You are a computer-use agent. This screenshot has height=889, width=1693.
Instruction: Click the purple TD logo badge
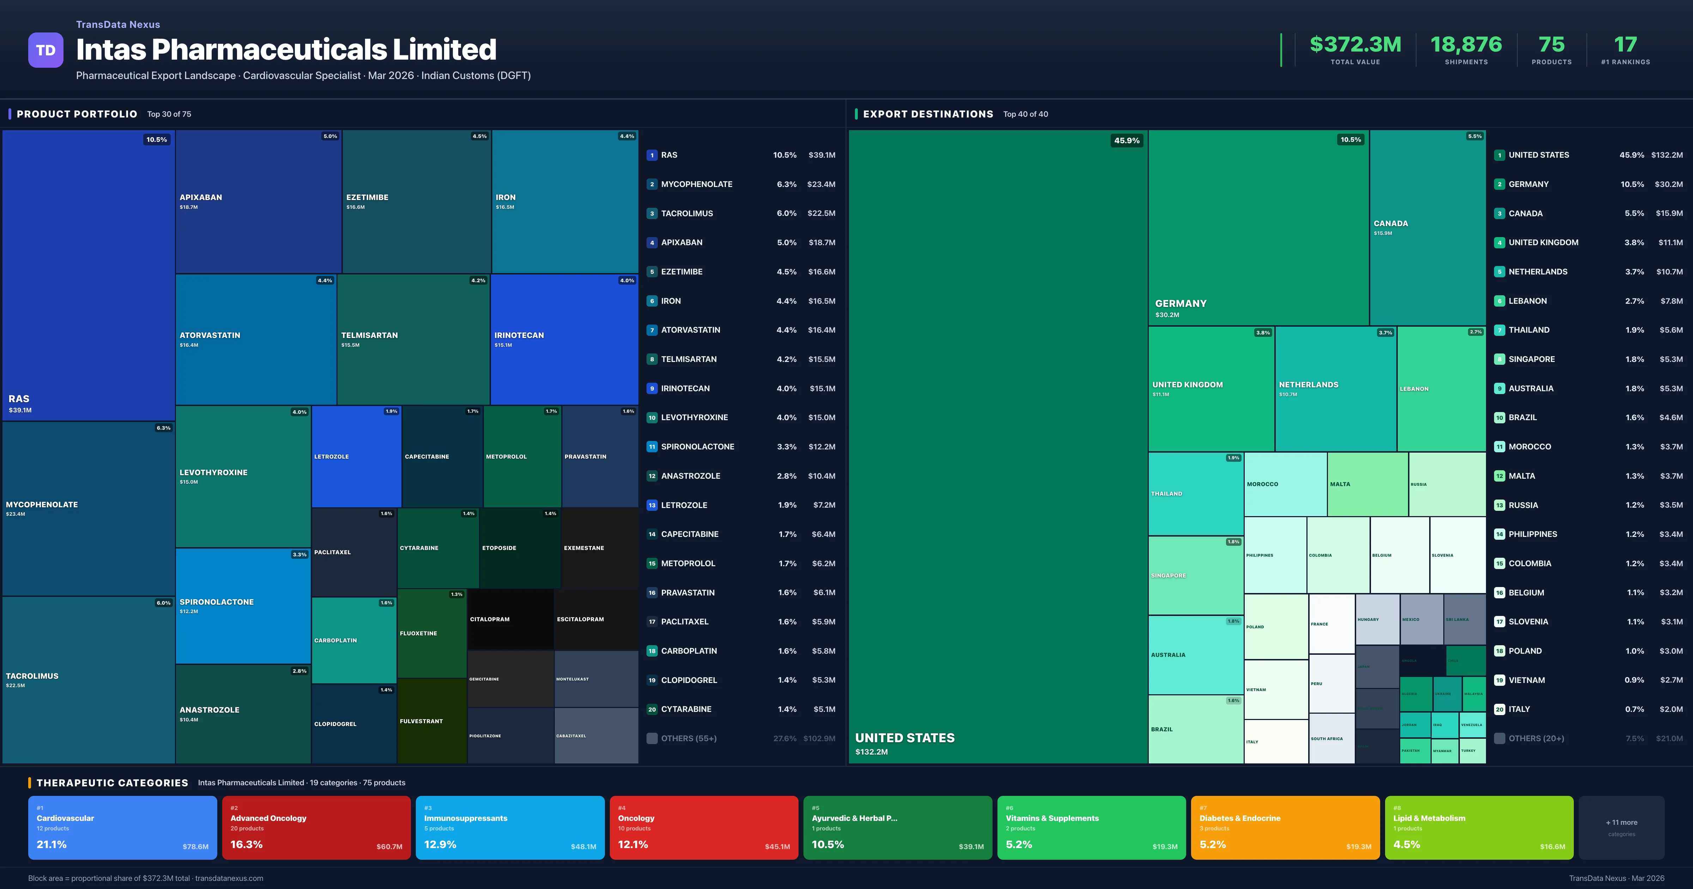tap(45, 50)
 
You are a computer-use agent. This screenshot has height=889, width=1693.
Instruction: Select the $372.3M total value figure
tap(1355, 45)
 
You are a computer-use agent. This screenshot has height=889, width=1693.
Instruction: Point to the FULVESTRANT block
tap(432, 721)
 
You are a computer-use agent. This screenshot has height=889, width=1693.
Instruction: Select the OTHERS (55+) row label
tap(688, 738)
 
